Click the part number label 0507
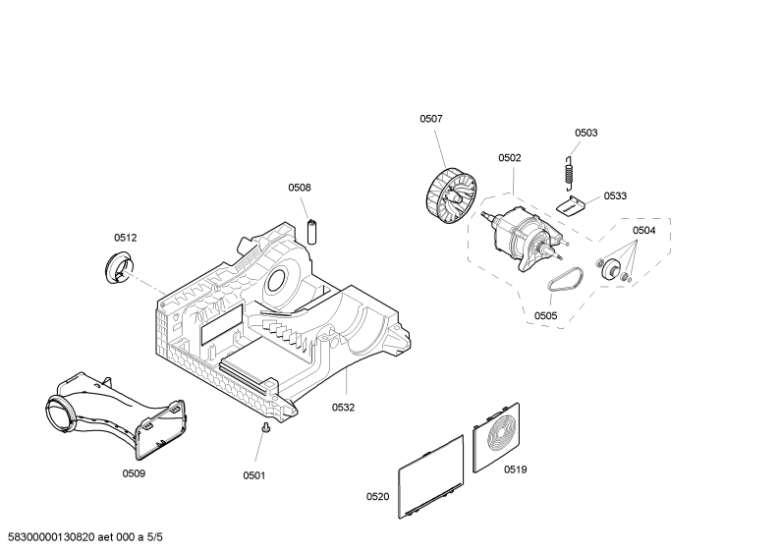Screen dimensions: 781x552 coord(431,119)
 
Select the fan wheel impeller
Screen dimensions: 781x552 coord(451,196)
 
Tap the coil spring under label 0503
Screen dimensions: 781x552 coord(570,172)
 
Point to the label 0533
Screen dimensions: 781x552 coord(615,195)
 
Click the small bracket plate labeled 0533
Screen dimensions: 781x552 coord(570,205)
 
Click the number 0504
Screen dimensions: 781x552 coord(644,230)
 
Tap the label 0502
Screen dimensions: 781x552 coord(510,157)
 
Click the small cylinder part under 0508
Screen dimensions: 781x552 coord(311,232)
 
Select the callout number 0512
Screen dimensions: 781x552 coord(126,238)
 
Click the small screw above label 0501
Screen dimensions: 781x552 coord(266,428)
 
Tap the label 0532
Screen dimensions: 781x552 coord(343,407)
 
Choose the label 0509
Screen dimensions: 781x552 coord(134,472)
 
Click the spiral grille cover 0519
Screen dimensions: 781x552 coord(496,438)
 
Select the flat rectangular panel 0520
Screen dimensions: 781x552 coord(431,476)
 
